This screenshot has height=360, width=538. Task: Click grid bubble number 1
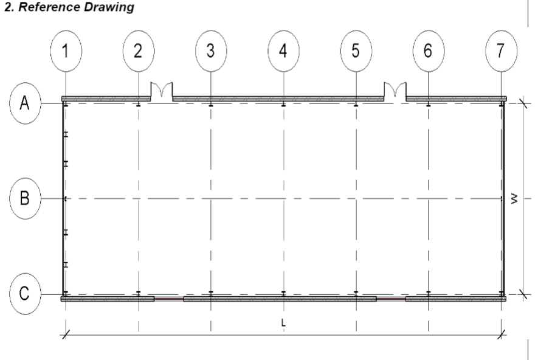coord(66,51)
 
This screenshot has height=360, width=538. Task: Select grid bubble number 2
coord(138,51)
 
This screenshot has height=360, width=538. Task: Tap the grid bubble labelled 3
coord(211,51)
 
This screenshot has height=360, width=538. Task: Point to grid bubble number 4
coord(283,51)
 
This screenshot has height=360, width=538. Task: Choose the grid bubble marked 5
coord(356,51)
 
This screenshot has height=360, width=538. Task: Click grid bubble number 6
coord(429,51)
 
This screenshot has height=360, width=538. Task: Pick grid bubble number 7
coord(502,51)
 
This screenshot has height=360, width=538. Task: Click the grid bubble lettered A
coord(25,103)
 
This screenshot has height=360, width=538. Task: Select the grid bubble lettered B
coord(25,198)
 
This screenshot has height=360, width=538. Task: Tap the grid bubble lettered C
coord(25,294)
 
